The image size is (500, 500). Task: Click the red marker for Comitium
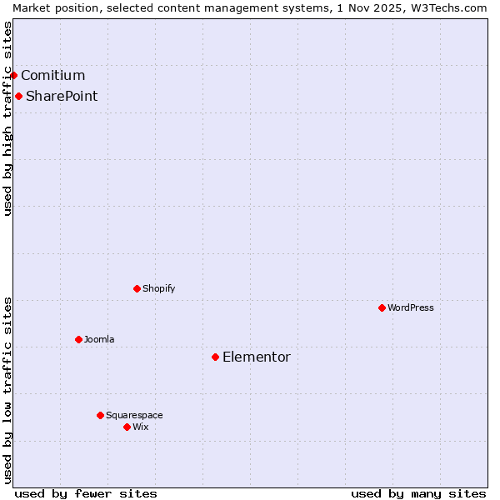13,75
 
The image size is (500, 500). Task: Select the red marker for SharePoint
18,96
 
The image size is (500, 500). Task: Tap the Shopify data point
137,288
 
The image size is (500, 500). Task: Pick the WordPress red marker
382,307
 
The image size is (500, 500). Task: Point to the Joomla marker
78,339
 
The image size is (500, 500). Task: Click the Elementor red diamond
215,357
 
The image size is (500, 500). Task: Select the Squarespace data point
100,415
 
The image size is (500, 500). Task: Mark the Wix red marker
127,427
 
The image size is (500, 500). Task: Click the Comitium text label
52,76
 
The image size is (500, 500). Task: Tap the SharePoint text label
62,96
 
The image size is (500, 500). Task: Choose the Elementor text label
257,357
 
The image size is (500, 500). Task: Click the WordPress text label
411,307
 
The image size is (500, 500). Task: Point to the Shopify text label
159,288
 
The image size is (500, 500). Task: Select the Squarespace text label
134,415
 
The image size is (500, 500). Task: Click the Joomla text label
99,339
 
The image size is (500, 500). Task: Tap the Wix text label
141,427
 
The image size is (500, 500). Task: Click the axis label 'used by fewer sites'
86,493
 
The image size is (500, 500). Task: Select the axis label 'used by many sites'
418,493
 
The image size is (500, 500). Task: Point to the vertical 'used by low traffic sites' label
7,390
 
